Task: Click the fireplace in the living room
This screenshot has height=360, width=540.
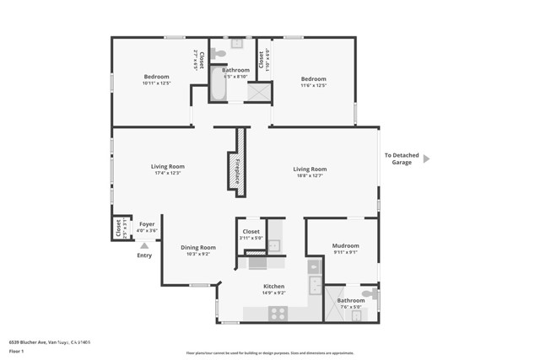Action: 239,163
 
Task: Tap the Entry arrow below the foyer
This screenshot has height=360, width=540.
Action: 143,245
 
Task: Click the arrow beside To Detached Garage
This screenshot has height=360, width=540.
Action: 426,158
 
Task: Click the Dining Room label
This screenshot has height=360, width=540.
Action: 198,247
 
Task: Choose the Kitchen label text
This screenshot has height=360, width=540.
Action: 273,286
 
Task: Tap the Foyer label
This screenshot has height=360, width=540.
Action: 147,223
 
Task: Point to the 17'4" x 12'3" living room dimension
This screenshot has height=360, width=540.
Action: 168,173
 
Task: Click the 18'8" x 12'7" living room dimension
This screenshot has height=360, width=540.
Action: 310,175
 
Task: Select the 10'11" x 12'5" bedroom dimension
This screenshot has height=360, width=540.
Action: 157,83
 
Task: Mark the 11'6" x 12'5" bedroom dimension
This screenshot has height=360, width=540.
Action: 313,83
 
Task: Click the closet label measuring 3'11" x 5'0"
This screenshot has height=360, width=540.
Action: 251,238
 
